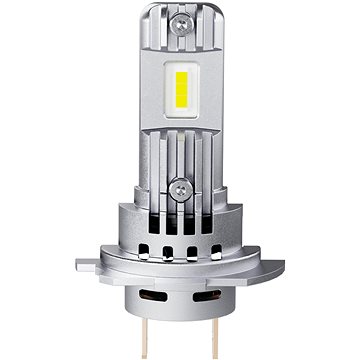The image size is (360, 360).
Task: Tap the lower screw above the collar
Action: click(x=181, y=187)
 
